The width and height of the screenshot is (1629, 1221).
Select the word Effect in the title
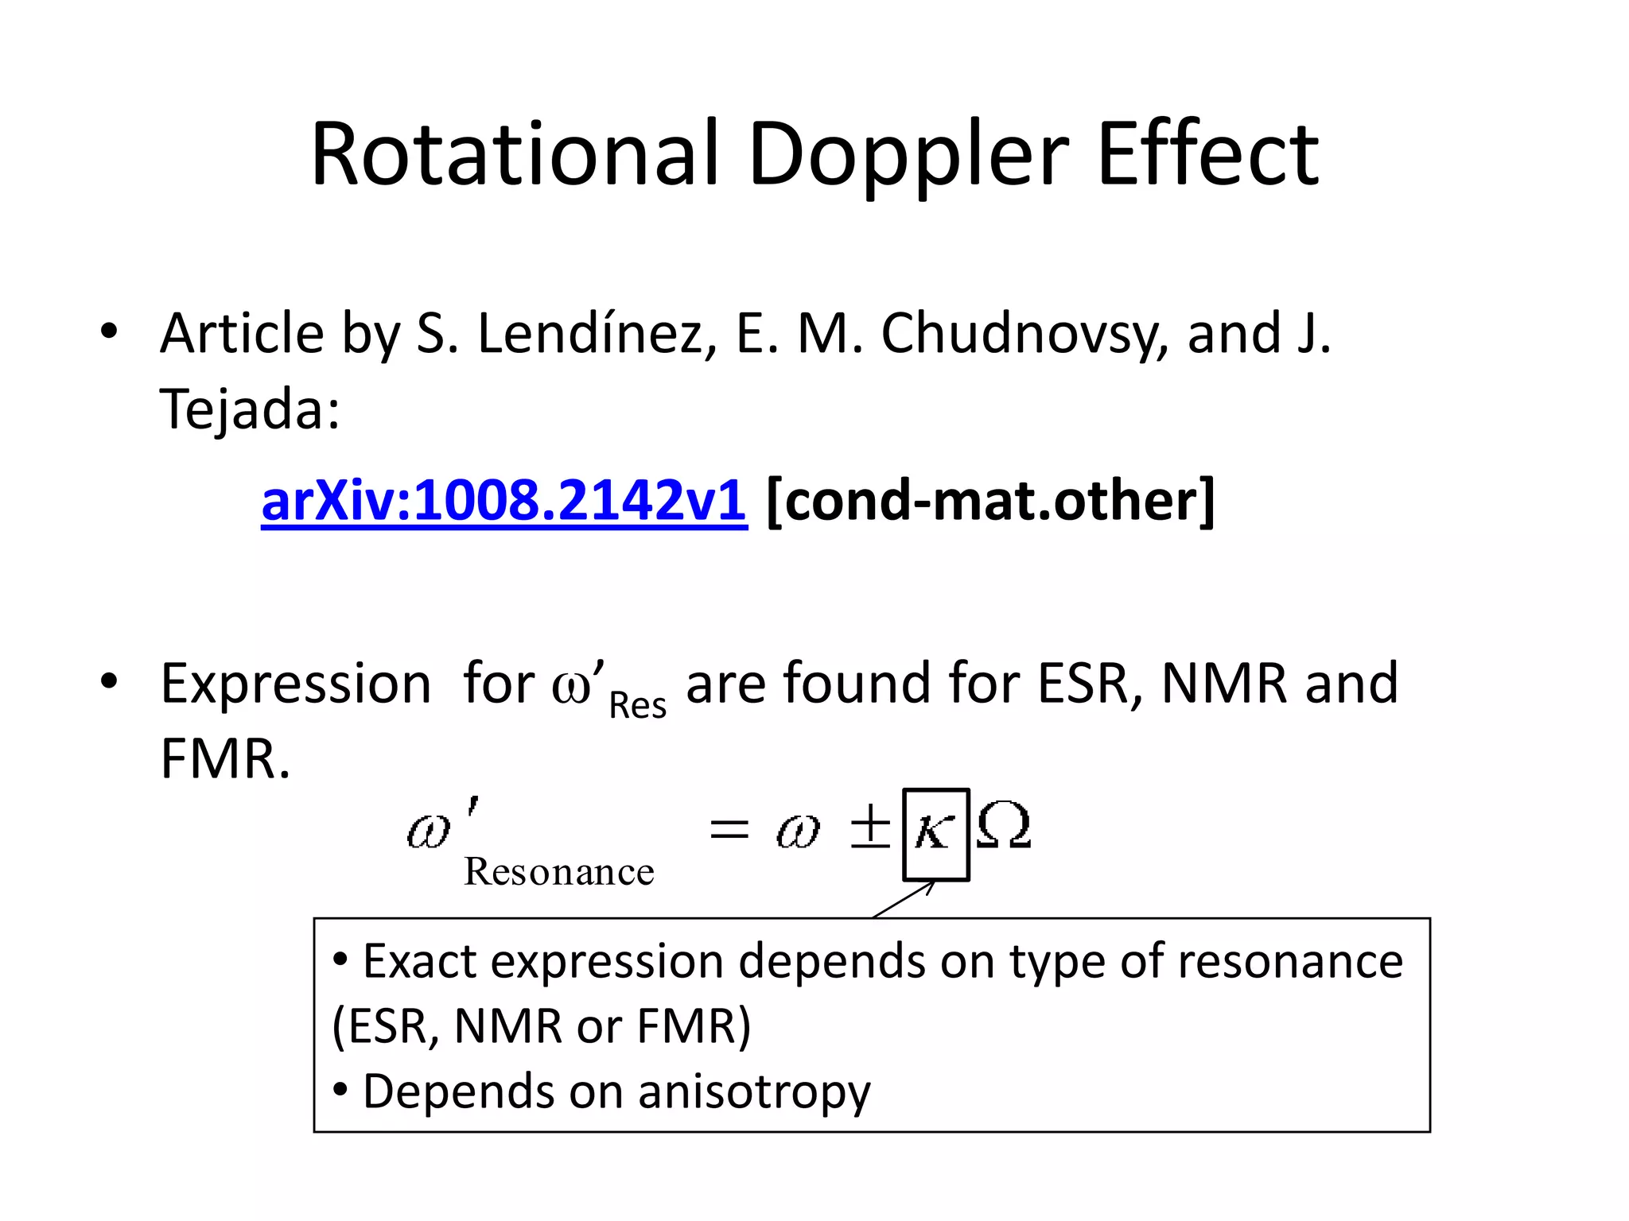pyautogui.click(x=1207, y=154)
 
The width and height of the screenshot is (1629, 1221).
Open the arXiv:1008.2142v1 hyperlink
pyautogui.click(x=503, y=501)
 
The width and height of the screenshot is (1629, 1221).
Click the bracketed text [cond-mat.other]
pyautogui.click(x=990, y=501)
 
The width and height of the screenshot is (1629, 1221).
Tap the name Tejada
pyautogui.click(x=249, y=409)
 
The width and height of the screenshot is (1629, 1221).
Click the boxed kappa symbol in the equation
pyautogui.click(x=935, y=834)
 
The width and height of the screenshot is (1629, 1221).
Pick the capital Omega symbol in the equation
pyautogui.click(x=1004, y=827)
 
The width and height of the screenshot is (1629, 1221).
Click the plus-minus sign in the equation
pyautogui.click(x=870, y=827)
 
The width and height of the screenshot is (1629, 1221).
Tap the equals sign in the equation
pyautogui.click(x=729, y=831)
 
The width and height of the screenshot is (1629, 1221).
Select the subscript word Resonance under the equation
pyautogui.click(x=558, y=872)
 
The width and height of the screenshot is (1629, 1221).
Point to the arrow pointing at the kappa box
pyautogui.click(x=904, y=900)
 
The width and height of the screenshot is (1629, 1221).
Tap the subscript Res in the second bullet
pyautogui.click(x=637, y=705)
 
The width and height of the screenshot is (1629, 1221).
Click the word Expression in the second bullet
pyautogui.click(x=296, y=684)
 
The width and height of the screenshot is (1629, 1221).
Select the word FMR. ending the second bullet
pyautogui.click(x=225, y=759)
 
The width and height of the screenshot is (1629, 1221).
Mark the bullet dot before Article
pyautogui.click(x=109, y=331)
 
